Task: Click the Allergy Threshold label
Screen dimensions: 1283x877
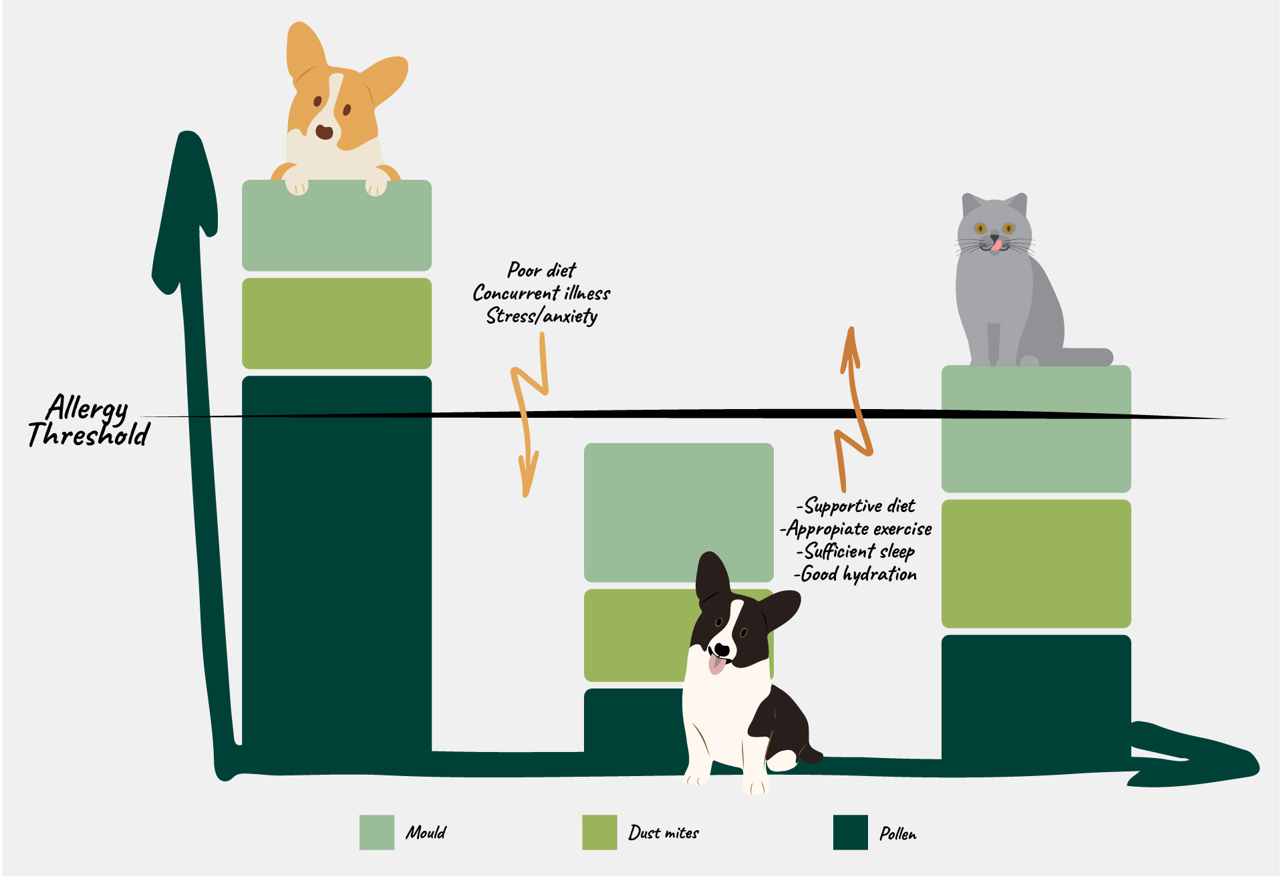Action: (x=89, y=421)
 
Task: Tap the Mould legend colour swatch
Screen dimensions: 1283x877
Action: (x=377, y=832)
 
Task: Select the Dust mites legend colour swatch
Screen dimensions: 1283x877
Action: (x=599, y=832)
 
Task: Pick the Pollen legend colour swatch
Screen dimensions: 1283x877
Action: (x=851, y=832)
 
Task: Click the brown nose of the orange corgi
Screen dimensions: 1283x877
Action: (x=324, y=132)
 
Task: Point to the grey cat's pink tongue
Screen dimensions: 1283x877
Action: (x=997, y=245)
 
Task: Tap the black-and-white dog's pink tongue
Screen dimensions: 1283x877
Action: (x=716, y=664)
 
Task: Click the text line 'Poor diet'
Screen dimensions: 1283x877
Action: (x=541, y=270)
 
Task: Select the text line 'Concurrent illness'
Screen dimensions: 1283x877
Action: (x=541, y=293)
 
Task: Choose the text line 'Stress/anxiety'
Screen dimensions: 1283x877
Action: (x=542, y=316)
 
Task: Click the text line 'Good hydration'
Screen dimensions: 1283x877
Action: (x=855, y=574)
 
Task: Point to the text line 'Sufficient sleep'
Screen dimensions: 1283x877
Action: (x=855, y=551)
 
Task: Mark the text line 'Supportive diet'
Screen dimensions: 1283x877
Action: (x=855, y=506)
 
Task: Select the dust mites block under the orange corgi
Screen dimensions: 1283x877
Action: (x=337, y=324)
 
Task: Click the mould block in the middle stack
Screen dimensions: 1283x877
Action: (x=679, y=513)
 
